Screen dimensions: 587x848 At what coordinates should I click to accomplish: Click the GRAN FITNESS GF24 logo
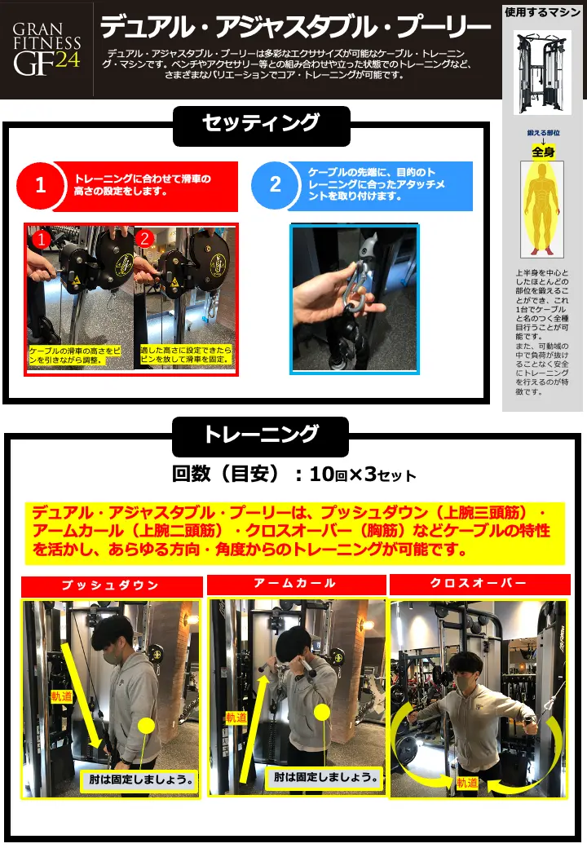pos(47,49)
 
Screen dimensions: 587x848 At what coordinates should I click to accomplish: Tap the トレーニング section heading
pos(261,436)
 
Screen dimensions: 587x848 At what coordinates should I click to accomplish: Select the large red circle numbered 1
pos(41,186)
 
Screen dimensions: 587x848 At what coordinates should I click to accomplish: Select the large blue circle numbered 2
pos(275,185)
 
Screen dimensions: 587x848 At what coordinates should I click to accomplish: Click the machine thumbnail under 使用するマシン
pos(541,72)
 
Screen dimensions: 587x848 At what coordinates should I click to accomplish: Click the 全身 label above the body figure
pos(543,152)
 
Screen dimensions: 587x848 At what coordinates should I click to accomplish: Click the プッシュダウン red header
pos(112,585)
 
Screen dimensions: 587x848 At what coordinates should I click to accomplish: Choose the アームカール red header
pos(296,584)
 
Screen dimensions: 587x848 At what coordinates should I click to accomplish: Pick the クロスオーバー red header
pos(479,584)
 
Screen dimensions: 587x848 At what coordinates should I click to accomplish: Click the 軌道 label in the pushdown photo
pos(62,696)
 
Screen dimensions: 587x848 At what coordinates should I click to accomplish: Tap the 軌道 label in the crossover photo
pos(467,782)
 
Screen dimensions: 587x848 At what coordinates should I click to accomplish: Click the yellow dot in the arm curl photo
pos(322,712)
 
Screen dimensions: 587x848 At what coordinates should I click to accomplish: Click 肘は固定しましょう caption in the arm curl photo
pos(325,777)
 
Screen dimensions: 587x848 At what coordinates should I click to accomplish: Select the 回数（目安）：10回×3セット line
pos(294,475)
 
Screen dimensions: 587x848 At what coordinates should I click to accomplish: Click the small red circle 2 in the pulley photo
pos(144,238)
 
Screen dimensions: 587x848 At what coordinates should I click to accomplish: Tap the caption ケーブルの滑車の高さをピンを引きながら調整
pos(74,356)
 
